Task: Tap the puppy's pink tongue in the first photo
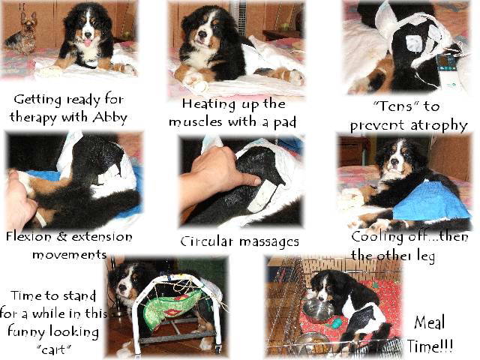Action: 88,43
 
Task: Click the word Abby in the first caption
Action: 110,117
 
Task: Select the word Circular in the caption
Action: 207,241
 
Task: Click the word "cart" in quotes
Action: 54,349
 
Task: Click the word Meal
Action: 429,323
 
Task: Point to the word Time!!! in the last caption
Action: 430,346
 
